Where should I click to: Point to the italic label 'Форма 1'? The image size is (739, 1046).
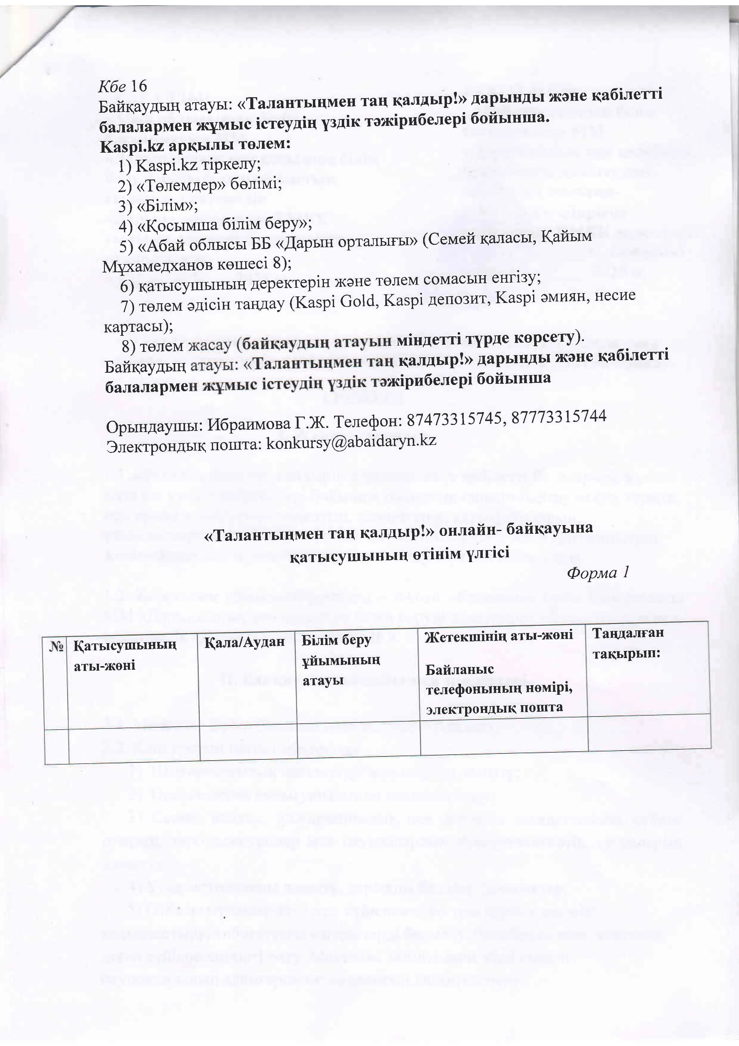click(x=598, y=573)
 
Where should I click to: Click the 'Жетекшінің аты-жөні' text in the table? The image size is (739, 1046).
click(x=498, y=635)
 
